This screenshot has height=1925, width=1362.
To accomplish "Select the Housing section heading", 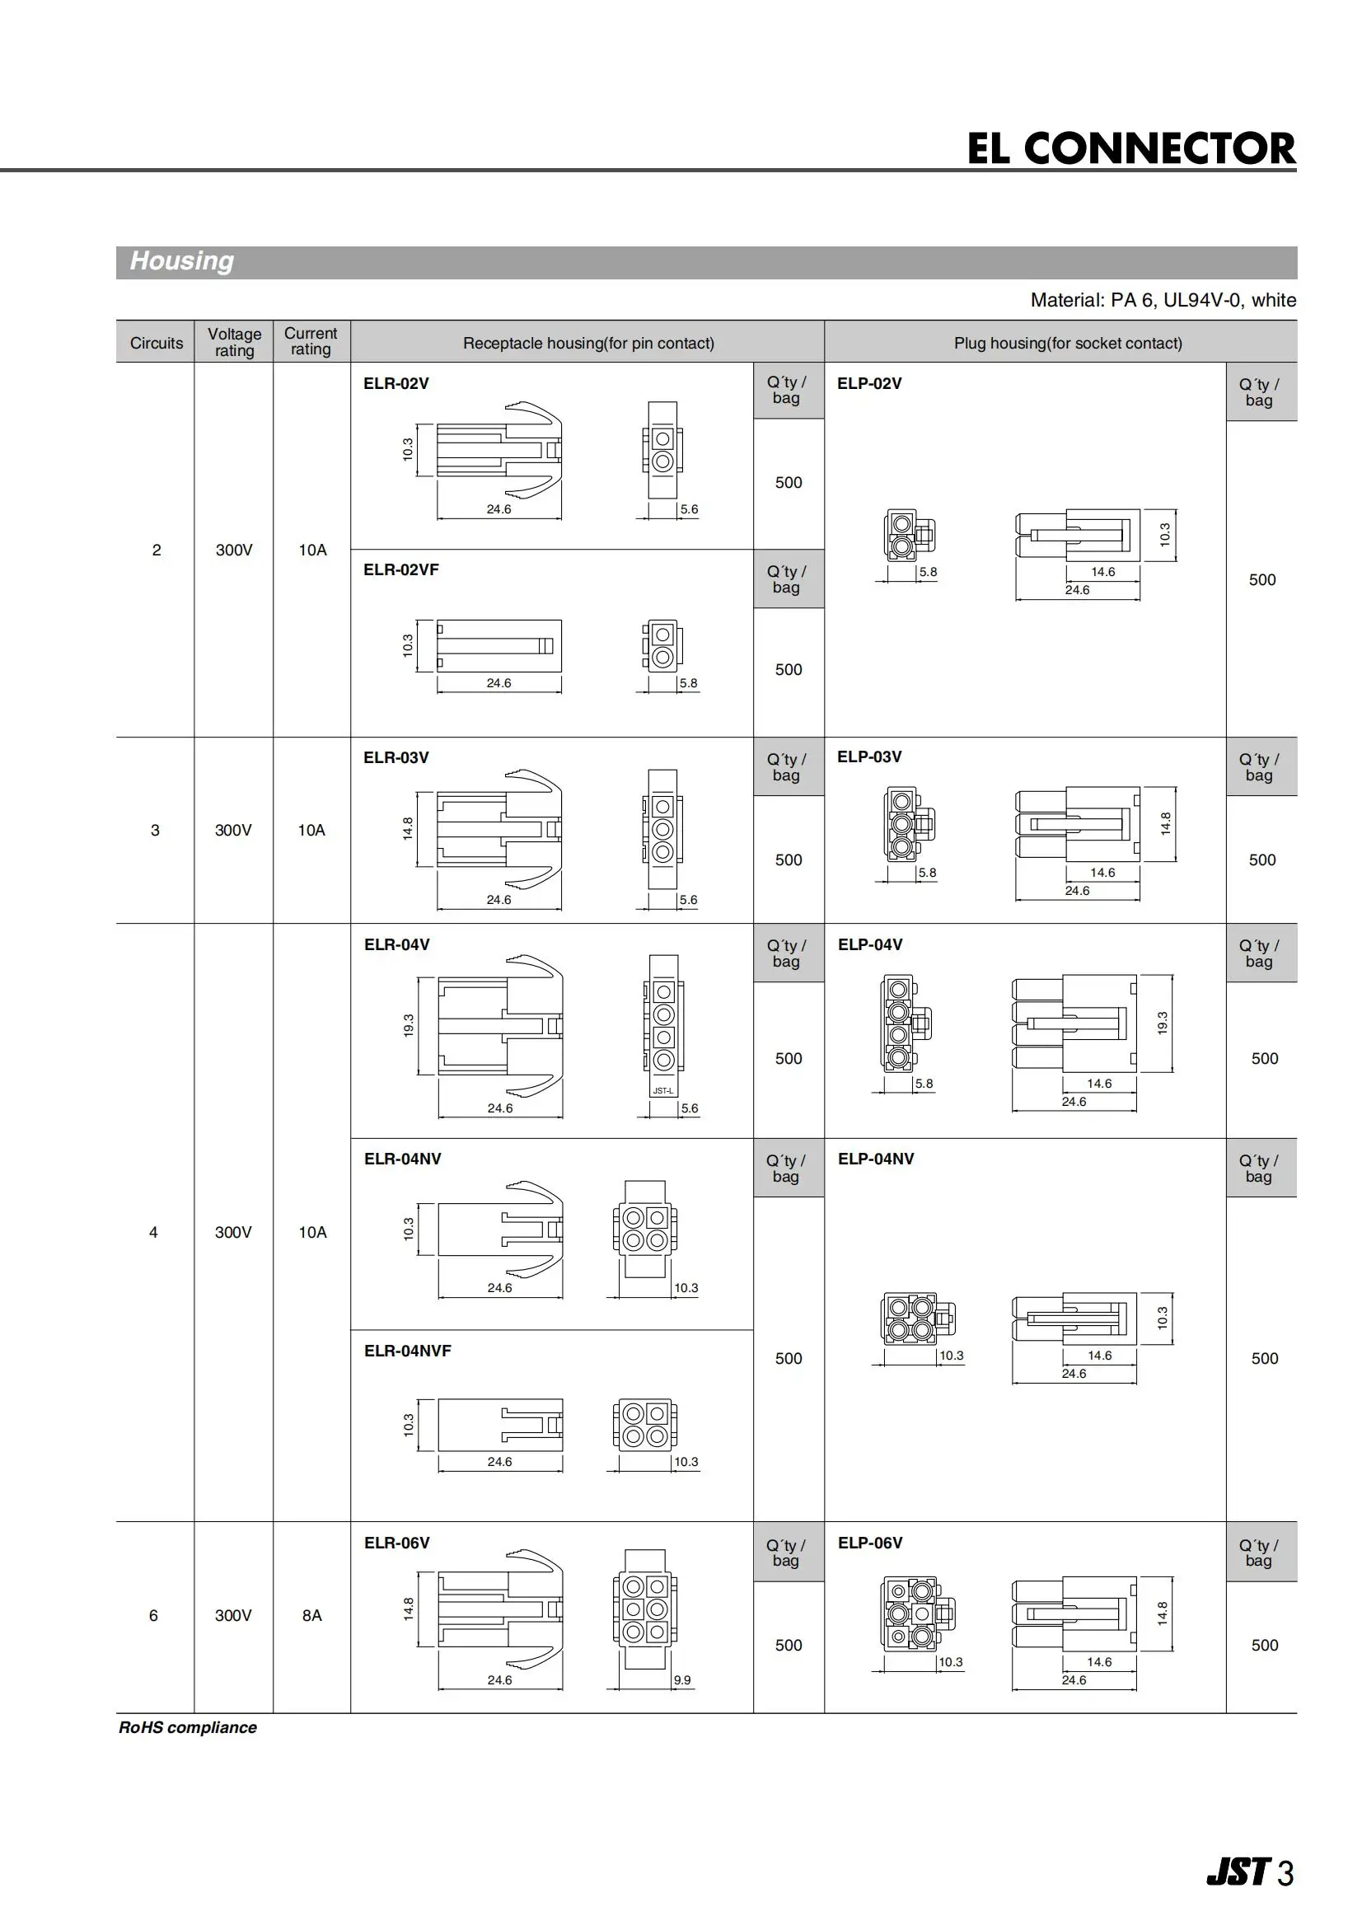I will tap(182, 261).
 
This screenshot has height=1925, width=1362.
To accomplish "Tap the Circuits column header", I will tap(156, 343).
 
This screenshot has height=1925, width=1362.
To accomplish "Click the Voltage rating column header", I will tap(234, 342).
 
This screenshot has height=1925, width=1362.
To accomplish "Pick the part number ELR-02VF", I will tap(401, 569).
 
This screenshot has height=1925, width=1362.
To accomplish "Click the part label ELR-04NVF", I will tap(407, 1351).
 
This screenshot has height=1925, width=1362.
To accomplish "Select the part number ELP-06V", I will tap(870, 1543).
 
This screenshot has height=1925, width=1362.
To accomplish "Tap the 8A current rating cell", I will tap(312, 1615).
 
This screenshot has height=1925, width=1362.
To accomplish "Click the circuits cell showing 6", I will tap(153, 1615).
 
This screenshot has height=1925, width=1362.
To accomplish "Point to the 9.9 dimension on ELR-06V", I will tap(682, 1680).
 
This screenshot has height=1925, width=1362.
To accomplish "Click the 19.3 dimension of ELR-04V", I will tap(409, 1025).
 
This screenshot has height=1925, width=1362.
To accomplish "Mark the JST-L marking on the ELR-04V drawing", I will tap(663, 1091).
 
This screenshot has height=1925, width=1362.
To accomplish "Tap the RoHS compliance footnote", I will tap(188, 1728).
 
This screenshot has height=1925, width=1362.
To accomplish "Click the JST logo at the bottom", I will tap(1238, 1872).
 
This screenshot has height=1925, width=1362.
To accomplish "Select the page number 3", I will tap(1285, 1873).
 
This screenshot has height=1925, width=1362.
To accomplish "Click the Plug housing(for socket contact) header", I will tap(1068, 343).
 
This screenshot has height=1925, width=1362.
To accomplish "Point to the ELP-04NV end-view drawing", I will tap(918, 1318).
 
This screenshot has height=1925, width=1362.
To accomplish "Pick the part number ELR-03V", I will tap(395, 757).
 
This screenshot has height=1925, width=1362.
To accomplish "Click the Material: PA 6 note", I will tap(1163, 300).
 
